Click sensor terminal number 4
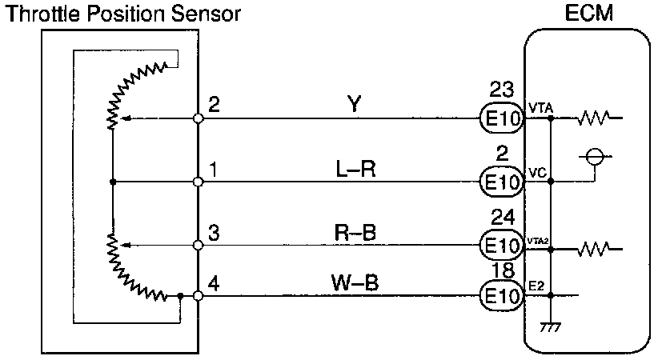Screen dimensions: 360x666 click(211, 282)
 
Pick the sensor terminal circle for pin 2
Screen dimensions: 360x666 click(199, 119)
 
